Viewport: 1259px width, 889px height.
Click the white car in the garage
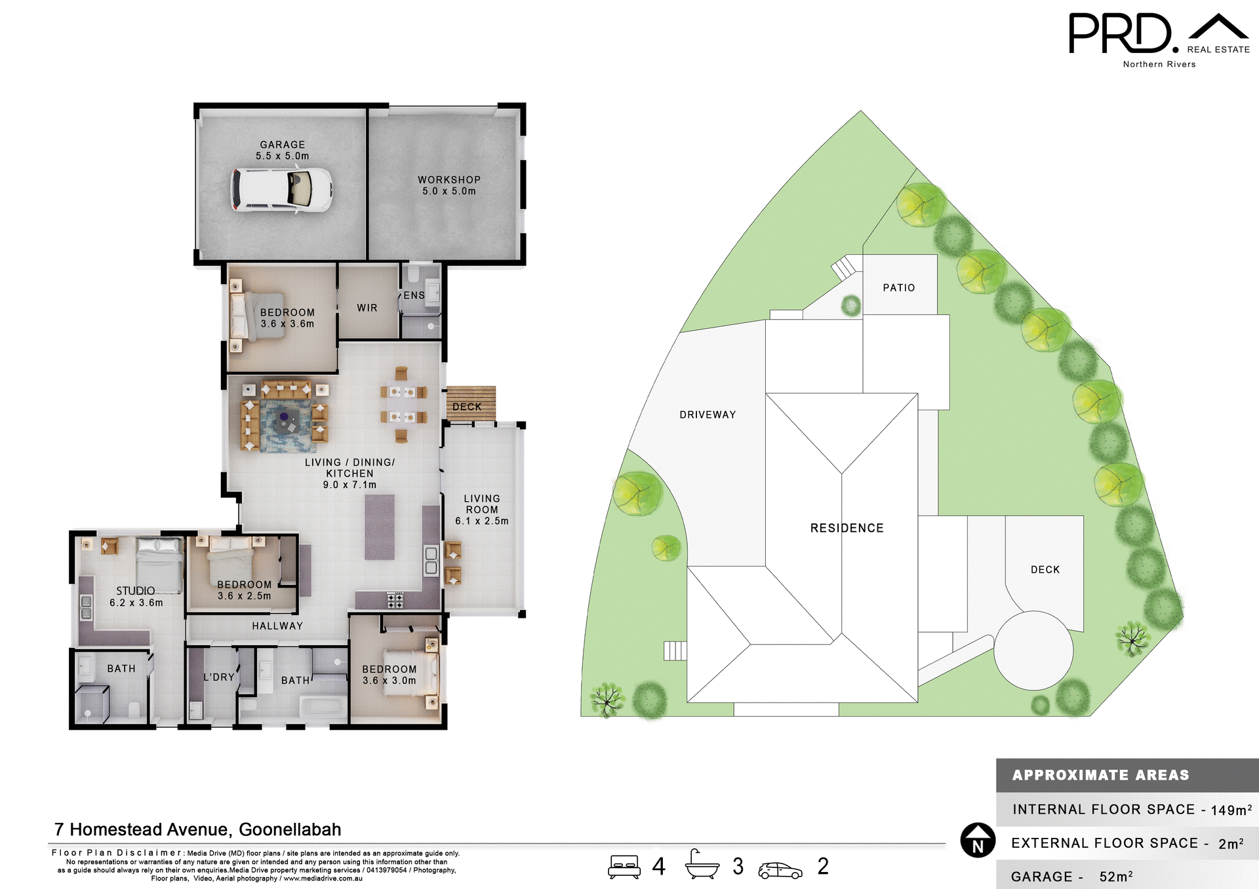click(281, 190)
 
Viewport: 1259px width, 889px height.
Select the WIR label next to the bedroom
click(367, 308)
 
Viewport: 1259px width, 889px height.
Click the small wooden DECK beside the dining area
click(470, 403)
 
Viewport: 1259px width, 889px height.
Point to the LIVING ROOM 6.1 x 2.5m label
click(482, 510)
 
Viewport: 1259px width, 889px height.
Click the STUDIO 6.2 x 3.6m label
click(136, 596)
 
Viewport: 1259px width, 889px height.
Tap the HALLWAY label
click(277, 626)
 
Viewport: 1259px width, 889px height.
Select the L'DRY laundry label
click(219, 677)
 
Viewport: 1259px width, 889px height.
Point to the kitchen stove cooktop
click(395, 599)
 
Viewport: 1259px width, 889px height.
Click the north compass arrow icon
click(978, 840)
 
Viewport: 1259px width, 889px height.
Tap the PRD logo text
click(1119, 34)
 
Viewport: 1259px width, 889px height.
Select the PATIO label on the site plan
click(898, 288)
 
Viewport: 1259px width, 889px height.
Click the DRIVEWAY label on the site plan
click(708, 415)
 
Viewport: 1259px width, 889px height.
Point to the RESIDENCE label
click(847, 528)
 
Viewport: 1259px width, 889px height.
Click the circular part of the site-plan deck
click(1033, 650)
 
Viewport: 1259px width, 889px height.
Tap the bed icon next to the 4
click(624, 866)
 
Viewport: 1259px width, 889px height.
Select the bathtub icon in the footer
click(702, 865)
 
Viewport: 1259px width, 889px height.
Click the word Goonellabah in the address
click(290, 829)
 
